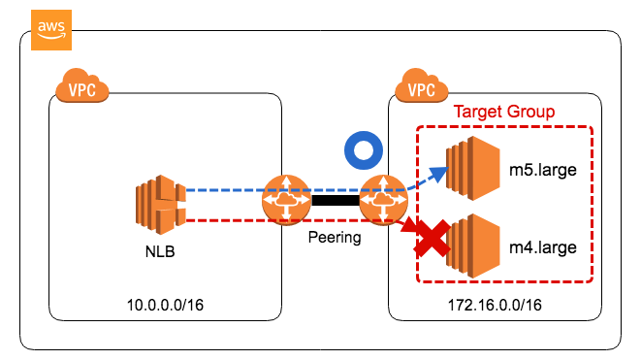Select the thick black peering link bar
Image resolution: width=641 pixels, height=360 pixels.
(333, 201)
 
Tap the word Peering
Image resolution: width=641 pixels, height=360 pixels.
(333, 237)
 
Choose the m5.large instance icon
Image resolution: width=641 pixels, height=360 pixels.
(470, 171)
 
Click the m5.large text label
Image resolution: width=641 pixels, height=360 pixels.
(543, 172)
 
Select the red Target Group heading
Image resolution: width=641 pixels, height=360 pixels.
(504, 112)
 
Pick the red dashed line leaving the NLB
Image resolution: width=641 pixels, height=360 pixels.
(223, 219)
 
